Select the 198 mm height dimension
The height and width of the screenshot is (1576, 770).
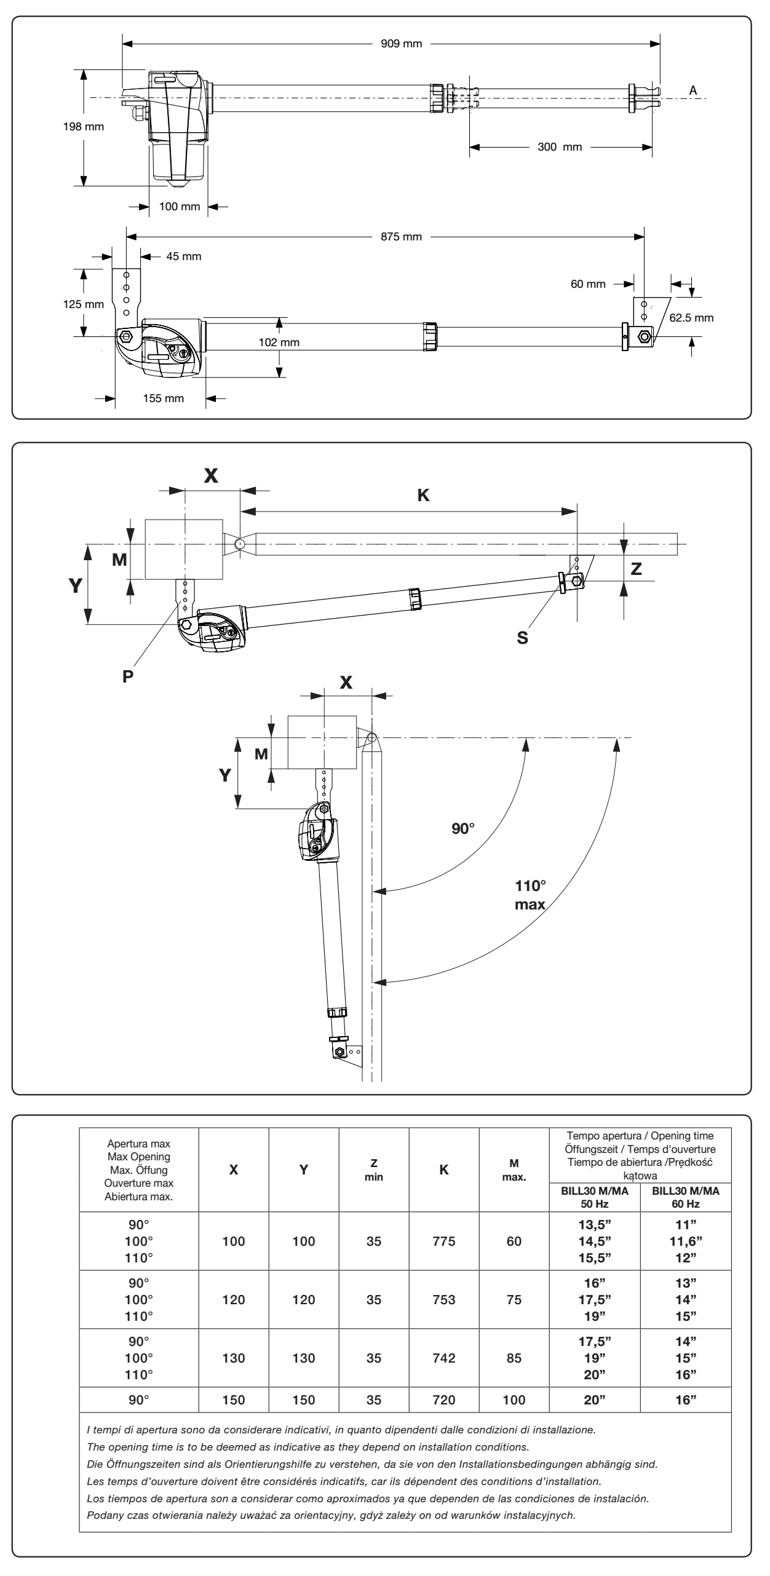[84, 127]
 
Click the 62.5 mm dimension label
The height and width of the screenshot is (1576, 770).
[692, 319]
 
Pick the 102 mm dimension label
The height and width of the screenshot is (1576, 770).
[279, 343]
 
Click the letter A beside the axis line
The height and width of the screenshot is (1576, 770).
[693, 90]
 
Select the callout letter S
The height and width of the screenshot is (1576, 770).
[522, 638]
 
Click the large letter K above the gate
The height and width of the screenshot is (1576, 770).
[423, 496]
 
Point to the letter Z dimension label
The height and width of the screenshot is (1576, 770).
[637, 569]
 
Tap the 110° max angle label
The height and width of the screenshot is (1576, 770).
[530, 895]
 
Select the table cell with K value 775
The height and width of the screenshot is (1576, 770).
[444, 1241]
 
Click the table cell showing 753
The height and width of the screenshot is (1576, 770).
[444, 1299]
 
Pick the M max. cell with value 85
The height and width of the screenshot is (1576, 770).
[514, 1358]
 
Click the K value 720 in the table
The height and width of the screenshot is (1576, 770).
[444, 1400]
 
